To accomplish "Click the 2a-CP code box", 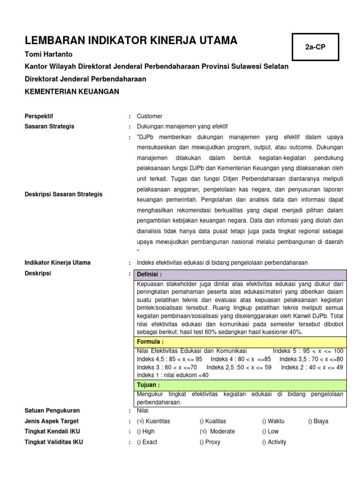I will coord(315,47).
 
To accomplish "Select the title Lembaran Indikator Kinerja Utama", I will coord(131,41).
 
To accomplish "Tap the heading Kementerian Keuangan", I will coord(72,91).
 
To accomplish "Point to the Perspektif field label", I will coord(39,116).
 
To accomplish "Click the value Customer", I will coord(150,116).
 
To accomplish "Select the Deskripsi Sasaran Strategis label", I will coord(63,194).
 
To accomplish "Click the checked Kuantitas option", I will coord(154,421).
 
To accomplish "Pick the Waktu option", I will coord(273,421).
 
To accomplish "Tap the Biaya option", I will coord(318,421).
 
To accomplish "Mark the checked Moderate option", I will coord(217,431).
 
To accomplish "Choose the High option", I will coord(146,431).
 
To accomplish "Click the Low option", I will coord(270,431).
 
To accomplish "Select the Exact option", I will coord(147,442).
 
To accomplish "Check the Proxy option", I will coord(210,442).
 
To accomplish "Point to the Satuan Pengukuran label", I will coord(52,411).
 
